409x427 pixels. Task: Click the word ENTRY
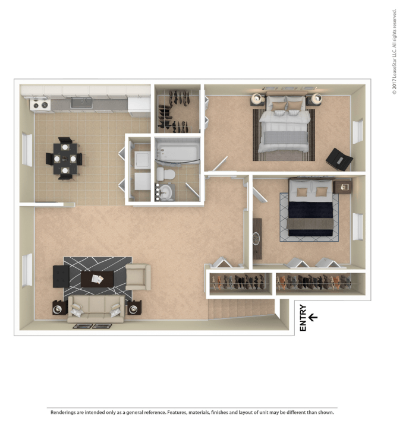(x=303, y=318)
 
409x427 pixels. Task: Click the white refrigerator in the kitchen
(x=139, y=104)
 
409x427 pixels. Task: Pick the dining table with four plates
(x=64, y=159)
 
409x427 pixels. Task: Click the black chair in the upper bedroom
(x=339, y=159)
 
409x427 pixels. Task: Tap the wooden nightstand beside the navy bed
(x=344, y=187)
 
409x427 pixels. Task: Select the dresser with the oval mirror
(x=257, y=238)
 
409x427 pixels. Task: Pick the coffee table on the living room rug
(x=96, y=279)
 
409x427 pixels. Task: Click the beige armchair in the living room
(x=138, y=277)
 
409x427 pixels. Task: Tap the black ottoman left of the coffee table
(x=61, y=276)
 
